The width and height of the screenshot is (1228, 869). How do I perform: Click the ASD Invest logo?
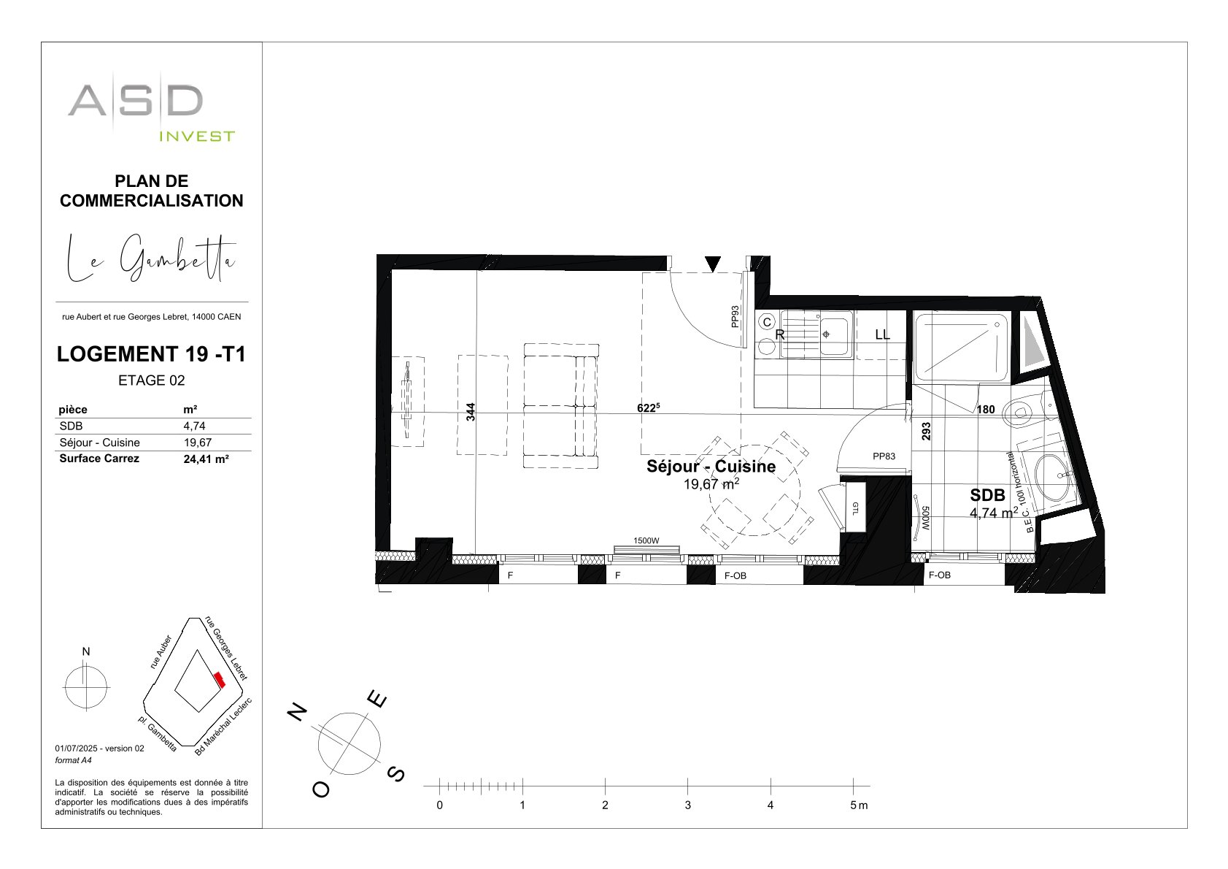tap(151, 109)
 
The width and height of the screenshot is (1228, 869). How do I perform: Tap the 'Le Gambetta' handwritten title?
tap(151, 258)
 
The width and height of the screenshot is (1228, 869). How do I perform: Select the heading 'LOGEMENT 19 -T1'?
tap(151, 354)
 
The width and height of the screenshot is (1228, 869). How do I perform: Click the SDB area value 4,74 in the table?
tap(195, 426)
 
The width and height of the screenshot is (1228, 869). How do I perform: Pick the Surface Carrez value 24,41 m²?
tap(206, 459)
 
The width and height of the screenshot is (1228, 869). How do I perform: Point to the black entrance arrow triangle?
tap(712, 264)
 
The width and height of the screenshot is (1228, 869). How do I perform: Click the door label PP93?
tap(735, 316)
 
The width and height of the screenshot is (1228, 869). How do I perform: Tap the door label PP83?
tap(884, 456)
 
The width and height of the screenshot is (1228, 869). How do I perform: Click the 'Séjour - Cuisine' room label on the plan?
tap(711, 467)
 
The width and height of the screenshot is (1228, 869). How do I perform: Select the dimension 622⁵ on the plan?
tap(649, 407)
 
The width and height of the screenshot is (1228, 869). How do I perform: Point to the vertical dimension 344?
tap(471, 412)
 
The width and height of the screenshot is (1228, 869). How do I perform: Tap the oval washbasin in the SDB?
tap(1052, 478)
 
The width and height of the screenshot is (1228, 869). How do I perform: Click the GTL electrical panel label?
tap(855, 508)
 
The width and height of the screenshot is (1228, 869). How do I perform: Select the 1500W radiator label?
tap(646, 541)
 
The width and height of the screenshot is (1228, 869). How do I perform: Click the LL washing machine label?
tap(883, 334)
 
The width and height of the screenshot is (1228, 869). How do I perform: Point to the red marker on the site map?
tap(220, 680)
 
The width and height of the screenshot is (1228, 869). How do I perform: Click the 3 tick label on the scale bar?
tap(687, 805)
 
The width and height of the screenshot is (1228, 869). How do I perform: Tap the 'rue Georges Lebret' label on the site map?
tap(226, 648)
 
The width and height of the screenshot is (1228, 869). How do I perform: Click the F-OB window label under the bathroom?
tap(939, 575)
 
